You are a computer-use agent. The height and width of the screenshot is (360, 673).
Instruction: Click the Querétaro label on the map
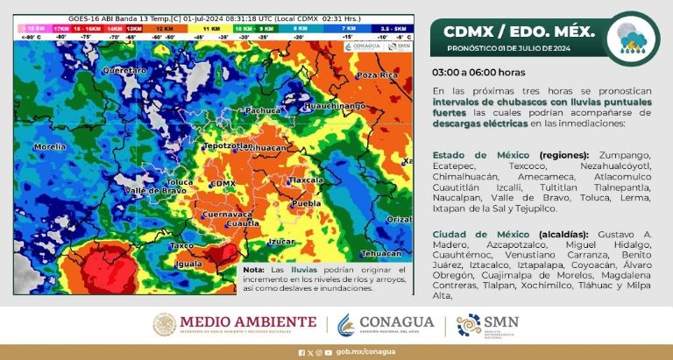coord(124,68)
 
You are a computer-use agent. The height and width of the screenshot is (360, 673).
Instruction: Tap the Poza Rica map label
coord(376,75)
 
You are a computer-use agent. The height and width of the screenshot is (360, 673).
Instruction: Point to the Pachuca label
coord(263,111)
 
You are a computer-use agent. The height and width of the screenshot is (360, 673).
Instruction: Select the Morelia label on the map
coord(49,146)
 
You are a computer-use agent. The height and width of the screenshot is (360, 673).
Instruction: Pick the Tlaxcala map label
coord(307,180)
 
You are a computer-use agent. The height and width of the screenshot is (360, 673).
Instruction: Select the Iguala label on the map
coord(188,263)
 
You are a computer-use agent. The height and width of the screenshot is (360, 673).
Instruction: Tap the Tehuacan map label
coord(380,253)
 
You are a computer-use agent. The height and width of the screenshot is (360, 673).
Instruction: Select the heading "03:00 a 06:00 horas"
coord(478,73)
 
